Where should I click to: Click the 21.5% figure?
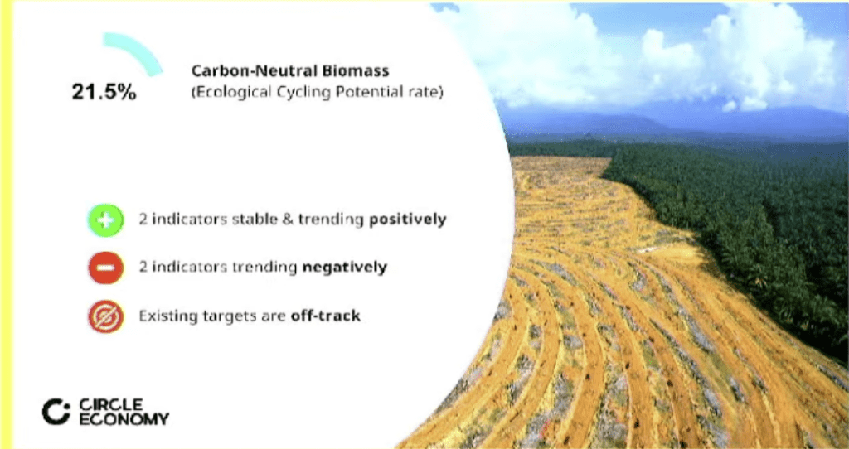104,92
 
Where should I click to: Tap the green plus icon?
106,220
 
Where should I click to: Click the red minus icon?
106,268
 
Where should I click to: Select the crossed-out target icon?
106,316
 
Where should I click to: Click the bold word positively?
408,220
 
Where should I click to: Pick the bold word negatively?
344,267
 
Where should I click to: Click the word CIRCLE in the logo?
112,404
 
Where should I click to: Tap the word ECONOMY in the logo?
124,418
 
